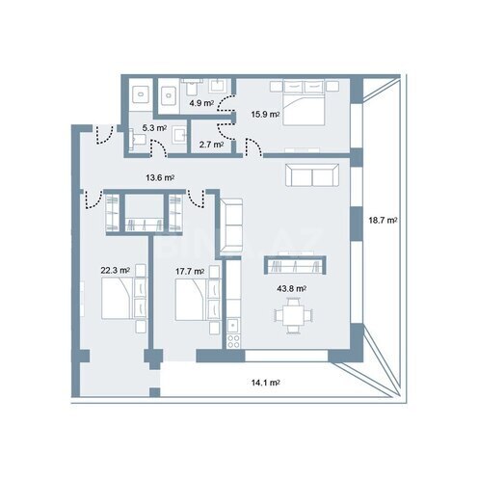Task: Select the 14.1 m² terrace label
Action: [x=267, y=382]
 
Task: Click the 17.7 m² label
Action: [x=189, y=271]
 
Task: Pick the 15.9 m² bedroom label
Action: [x=265, y=115]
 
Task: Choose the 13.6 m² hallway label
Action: [x=160, y=177]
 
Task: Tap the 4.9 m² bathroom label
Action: [x=200, y=102]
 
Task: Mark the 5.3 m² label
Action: [x=155, y=126]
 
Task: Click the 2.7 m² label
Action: [x=211, y=145]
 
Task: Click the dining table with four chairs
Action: [x=292, y=317]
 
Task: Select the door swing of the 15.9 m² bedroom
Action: [x=253, y=146]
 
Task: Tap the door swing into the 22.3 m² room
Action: [x=93, y=199]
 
